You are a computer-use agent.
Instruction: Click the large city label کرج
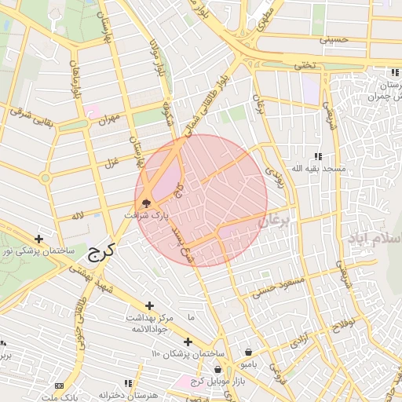click(101, 251)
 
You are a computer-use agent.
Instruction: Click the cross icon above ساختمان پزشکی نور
click(38, 239)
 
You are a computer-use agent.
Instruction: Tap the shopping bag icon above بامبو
click(249, 352)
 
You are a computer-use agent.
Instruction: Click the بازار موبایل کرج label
click(217, 381)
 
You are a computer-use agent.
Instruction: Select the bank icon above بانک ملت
click(60, 386)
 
